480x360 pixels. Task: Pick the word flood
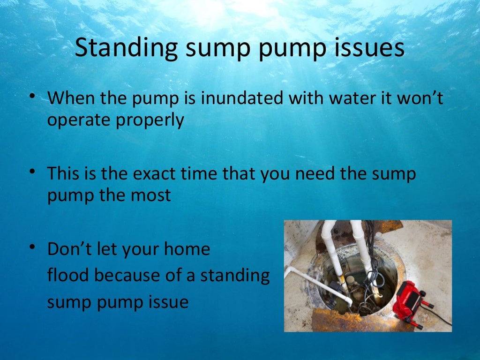[x=68, y=275]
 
